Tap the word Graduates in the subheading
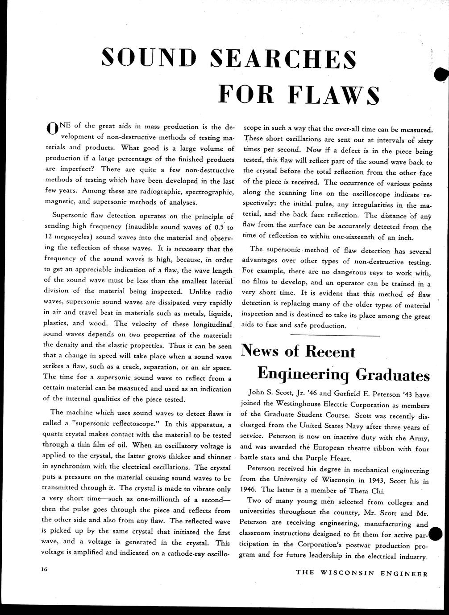point(392,375)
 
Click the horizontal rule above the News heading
point(335,335)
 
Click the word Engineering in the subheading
point(304,375)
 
